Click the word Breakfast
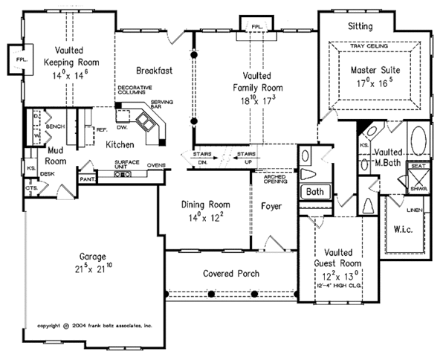click(155, 71)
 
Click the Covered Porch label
click(230, 274)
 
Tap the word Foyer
click(272, 206)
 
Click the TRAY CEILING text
click(376, 47)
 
